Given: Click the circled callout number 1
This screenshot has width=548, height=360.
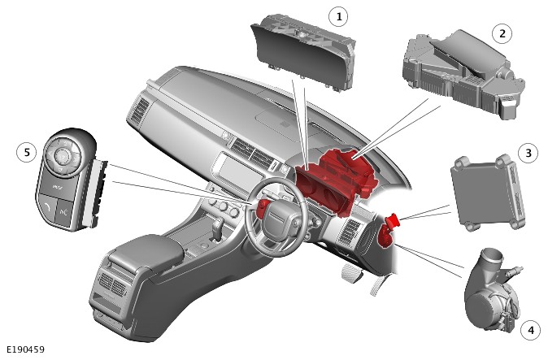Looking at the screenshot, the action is (338, 16).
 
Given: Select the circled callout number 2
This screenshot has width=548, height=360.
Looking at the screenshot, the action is (502, 34).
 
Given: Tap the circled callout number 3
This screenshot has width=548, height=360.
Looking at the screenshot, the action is (528, 153).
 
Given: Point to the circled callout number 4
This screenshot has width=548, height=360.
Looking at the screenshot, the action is (531, 330).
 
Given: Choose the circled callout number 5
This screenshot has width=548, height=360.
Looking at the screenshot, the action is (27, 152).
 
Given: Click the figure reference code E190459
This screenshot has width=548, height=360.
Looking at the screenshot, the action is (25, 349).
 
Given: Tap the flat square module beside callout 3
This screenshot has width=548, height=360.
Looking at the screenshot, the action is (488, 192).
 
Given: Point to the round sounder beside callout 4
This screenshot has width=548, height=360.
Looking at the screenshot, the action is (491, 290).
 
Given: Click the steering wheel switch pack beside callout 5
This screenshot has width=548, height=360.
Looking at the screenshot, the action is (70, 179).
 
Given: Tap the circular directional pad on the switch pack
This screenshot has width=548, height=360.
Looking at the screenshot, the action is (63, 156).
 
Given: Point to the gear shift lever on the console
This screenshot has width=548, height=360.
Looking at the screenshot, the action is (218, 230).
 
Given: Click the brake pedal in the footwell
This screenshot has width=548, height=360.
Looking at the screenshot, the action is (350, 272).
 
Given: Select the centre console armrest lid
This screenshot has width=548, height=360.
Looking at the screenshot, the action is (147, 249).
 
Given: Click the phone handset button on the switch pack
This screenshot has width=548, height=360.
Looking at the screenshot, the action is (47, 209).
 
